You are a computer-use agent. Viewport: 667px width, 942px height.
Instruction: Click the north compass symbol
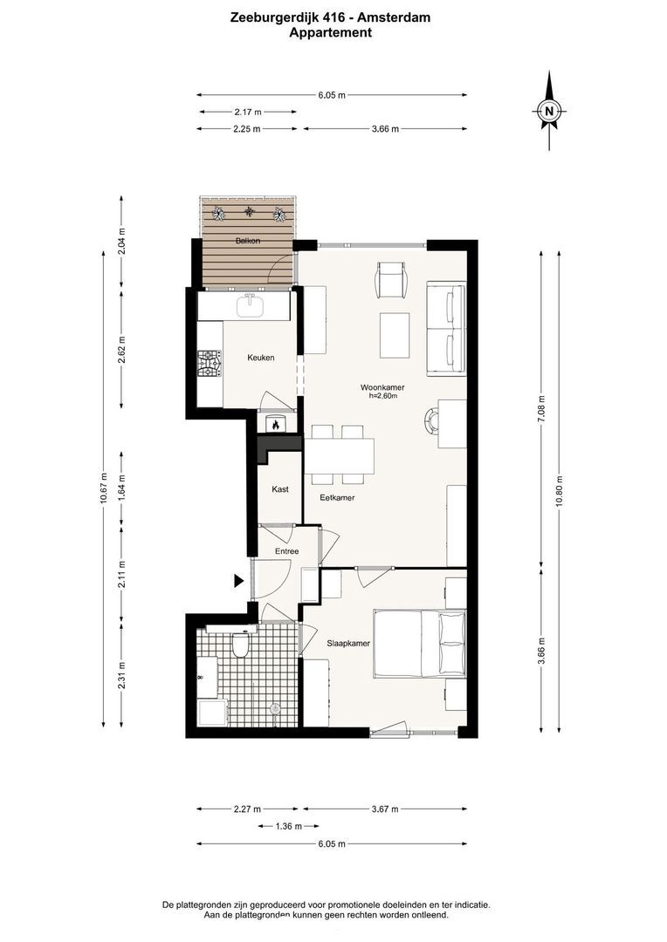(x=548, y=111)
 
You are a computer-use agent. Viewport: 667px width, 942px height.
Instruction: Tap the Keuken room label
(x=260, y=358)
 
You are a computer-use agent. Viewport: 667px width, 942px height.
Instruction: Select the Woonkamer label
(x=382, y=387)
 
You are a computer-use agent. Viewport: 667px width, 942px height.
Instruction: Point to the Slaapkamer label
(x=348, y=644)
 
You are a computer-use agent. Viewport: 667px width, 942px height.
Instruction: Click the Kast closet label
(x=279, y=489)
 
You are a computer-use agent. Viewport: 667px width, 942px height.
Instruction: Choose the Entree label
(x=287, y=551)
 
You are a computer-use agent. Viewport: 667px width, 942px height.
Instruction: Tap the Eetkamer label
(x=337, y=497)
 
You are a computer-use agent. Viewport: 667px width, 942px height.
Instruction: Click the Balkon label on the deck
(x=248, y=241)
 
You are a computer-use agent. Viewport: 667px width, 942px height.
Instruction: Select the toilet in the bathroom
(x=240, y=645)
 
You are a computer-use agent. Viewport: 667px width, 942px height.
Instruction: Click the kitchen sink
(x=251, y=306)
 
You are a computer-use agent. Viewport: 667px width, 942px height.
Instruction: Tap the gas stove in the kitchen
(x=210, y=365)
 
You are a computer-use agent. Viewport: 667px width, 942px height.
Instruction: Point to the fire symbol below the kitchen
(x=276, y=424)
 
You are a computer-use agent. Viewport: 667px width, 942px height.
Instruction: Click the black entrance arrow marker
(x=238, y=580)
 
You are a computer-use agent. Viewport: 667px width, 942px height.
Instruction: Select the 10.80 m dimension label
(x=560, y=491)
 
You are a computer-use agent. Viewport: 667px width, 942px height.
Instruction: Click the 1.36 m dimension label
(x=288, y=826)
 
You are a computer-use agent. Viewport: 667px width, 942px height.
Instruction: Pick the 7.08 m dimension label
(x=541, y=409)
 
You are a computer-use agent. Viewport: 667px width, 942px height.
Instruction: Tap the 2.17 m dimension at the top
(x=248, y=112)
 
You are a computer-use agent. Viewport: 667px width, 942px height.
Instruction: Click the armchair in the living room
(x=392, y=280)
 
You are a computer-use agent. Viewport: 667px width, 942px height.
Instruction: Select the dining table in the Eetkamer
(x=340, y=456)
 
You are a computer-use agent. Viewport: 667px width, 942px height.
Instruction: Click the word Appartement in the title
(x=330, y=32)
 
